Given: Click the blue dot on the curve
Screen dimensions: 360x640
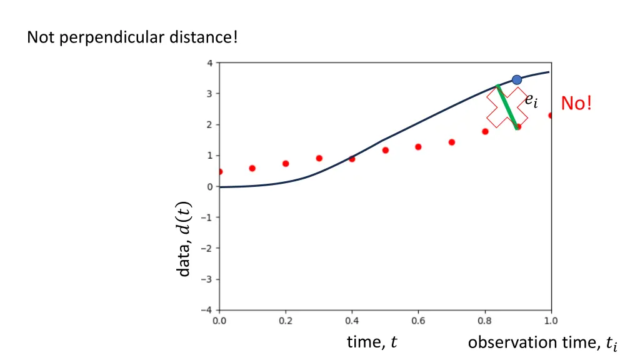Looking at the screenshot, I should point(517,79).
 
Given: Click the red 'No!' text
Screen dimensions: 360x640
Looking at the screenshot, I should point(576,102).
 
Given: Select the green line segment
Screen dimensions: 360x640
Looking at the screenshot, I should point(507,106).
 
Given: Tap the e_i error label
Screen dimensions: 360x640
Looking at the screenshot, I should point(531,100).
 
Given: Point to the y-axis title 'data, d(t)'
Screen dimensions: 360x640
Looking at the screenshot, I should point(183,239).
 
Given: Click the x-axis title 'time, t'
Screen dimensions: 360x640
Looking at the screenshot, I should point(372,342).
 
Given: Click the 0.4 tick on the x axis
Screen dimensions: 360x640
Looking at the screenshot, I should point(352,321).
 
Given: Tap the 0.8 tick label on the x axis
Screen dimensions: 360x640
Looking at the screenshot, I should point(484,321).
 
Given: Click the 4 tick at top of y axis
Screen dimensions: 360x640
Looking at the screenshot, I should point(211,63).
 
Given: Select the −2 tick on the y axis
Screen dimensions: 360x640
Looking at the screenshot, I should point(208,248).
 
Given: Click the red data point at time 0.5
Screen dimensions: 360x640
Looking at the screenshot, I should point(385,150).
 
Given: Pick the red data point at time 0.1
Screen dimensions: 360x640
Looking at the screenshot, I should point(252,168).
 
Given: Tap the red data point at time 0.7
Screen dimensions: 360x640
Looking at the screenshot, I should point(451,142).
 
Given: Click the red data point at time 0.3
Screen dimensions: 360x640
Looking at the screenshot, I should point(319,158).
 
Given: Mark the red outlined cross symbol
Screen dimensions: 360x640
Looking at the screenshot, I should point(507,107).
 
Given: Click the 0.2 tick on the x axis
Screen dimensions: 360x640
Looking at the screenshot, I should point(286,321).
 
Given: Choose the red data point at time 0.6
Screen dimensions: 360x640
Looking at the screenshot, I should point(418,147).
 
